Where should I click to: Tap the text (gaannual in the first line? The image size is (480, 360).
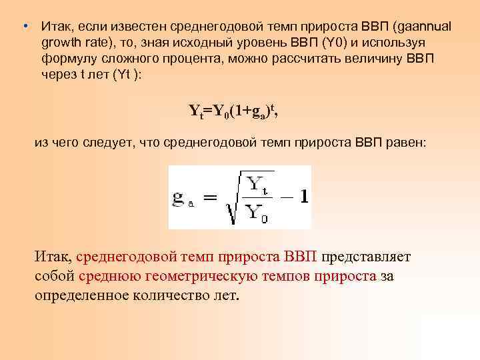422,27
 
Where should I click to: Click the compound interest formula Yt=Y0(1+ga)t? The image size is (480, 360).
233,111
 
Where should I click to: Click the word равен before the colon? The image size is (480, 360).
396,143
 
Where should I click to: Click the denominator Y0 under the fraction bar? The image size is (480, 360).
256,214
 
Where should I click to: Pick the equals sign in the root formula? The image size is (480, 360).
210,198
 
